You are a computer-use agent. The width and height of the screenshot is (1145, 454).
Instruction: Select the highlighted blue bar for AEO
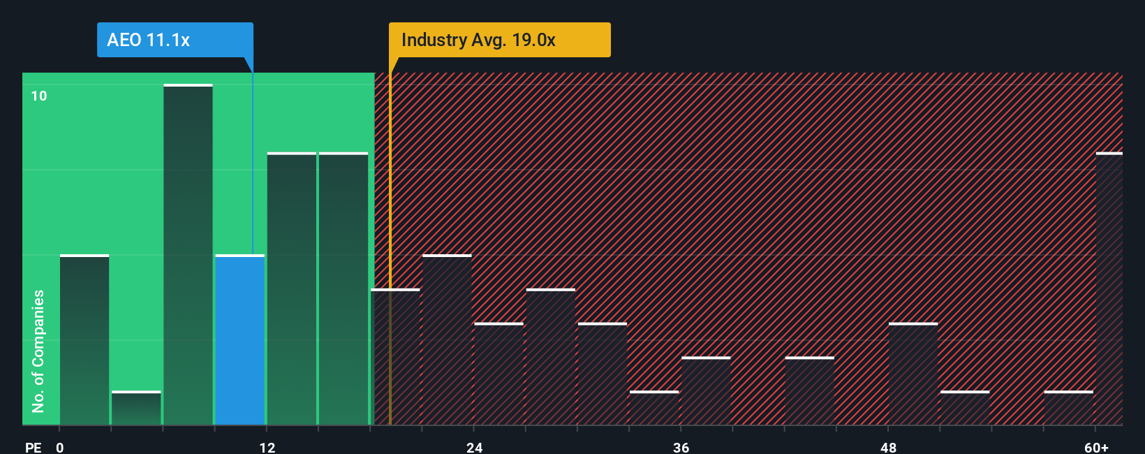(x=239, y=340)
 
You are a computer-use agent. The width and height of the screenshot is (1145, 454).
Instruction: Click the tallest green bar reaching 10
(x=188, y=255)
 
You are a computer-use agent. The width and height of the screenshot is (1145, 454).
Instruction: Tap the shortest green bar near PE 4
(x=136, y=409)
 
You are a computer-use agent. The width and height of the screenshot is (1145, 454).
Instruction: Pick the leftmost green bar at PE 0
(x=84, y=340)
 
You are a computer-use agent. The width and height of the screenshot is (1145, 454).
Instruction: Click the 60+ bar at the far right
(x=1109, y=288)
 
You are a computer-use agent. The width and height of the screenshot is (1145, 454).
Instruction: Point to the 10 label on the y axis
(x=39, y=96)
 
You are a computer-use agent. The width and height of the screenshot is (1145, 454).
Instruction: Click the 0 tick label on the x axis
(x=60, y=447)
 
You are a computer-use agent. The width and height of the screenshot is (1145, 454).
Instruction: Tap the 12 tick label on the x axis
(x=267, y=447)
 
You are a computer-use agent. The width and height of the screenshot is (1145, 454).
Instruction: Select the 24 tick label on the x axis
(x=475, y=447)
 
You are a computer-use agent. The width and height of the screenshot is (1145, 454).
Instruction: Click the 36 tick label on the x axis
(x=681, y=447)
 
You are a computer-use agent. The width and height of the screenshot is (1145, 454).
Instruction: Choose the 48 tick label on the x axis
(x=888, y=447)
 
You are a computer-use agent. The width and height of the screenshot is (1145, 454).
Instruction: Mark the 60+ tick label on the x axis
(x=1096, y=447)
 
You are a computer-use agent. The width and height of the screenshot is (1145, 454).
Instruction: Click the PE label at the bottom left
(x=33, y=447)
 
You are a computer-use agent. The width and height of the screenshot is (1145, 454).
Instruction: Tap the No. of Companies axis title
(x=38, y=351)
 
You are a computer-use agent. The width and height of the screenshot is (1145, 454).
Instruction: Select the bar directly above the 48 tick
(x=913, y=374)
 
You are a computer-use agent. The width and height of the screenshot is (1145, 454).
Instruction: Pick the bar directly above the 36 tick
(x=706, y=391)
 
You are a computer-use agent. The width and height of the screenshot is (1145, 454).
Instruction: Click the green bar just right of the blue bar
(x=292, y=288)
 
